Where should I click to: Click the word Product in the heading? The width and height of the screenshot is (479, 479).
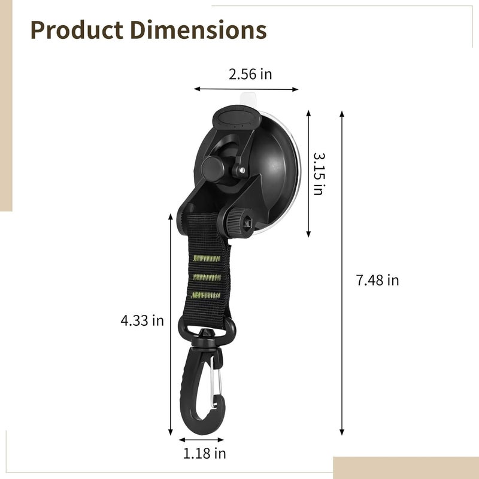[x=77, y=30]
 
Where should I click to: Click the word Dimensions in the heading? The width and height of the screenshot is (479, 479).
[x=199, y=30]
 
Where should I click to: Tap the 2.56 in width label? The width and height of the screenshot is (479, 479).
[x=250, y=74]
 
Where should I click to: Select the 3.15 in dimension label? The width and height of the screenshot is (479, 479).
[x=319, y=174]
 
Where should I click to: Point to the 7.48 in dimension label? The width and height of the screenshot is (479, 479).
[x=378, y=280]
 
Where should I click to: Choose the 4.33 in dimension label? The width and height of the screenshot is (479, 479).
[x=143, y=320]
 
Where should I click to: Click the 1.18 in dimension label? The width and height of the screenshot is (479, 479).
[x=204, y=454]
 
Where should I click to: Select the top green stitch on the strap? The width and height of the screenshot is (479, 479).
[x=207, y=259]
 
